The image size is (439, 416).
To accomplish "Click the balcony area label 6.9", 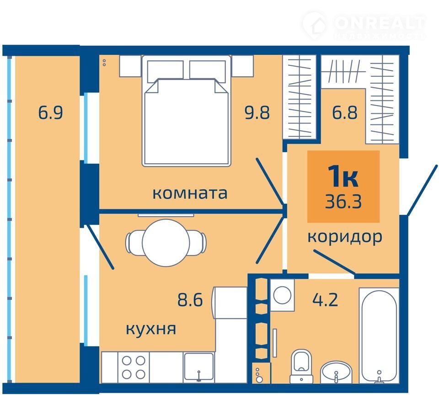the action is pyautogui.click(x=50, y=112).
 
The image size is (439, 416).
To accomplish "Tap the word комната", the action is pyautogui.click(x=190, y=193).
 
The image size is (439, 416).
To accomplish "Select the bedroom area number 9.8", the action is pyautogui.click(x=257, y=112).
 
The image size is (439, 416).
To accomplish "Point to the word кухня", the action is pyautogui.click(x=151, y=329).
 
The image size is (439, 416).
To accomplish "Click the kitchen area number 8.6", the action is pyautogui.click(x=190, y=299).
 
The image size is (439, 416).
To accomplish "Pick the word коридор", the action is pyautogui.click(x=345, y=237).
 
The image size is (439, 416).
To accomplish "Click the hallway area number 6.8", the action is pyautogui.click(x=345, y=112).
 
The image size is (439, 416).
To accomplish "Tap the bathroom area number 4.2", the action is pyautogui.click(x=325, y=299).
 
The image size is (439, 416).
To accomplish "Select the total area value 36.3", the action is pyautogui.click(x=343, y=201).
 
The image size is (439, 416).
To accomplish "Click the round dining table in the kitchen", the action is pyautogui.click(x=166, y=243).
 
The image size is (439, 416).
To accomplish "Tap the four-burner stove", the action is pyautogui.click(x=134, y=367).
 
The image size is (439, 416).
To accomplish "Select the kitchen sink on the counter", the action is pyautogui.click(x=198, y=367).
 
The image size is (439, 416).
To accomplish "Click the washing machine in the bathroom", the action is pyautogui.click(x=282, y=295).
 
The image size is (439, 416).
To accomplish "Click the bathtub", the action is pyautogui.click(x=379, y=336).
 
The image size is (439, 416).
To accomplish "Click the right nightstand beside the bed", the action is pyautogui.click(x=243, y=66).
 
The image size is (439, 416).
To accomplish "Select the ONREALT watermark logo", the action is pyautogui.click(x=364, y=26).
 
